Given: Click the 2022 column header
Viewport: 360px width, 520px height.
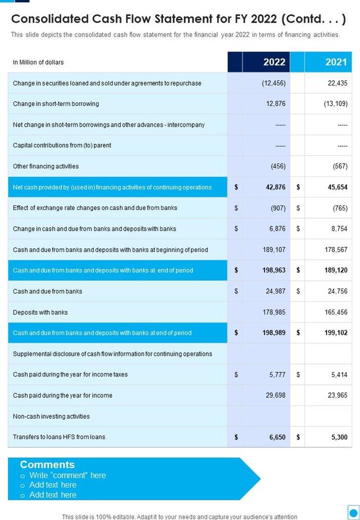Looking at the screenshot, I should (274, 62).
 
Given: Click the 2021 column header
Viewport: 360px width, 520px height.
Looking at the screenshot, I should (336, 62).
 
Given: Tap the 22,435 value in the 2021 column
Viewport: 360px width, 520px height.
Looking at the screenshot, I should (337, 83).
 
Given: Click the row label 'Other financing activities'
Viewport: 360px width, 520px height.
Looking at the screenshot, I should (46, 167).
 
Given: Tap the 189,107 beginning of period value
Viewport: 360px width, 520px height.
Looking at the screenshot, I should (274, 250).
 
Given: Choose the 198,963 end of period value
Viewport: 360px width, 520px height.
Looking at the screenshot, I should (274, 271).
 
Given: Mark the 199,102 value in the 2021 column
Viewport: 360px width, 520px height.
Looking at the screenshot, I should (336, 333).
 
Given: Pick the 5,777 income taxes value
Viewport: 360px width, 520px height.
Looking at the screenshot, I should (277, 375).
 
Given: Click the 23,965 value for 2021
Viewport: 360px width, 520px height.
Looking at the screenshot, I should (337, 396).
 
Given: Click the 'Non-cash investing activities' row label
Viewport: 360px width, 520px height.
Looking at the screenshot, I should (51, 416).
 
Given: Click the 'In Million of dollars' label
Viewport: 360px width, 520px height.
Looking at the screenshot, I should (38, 62).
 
